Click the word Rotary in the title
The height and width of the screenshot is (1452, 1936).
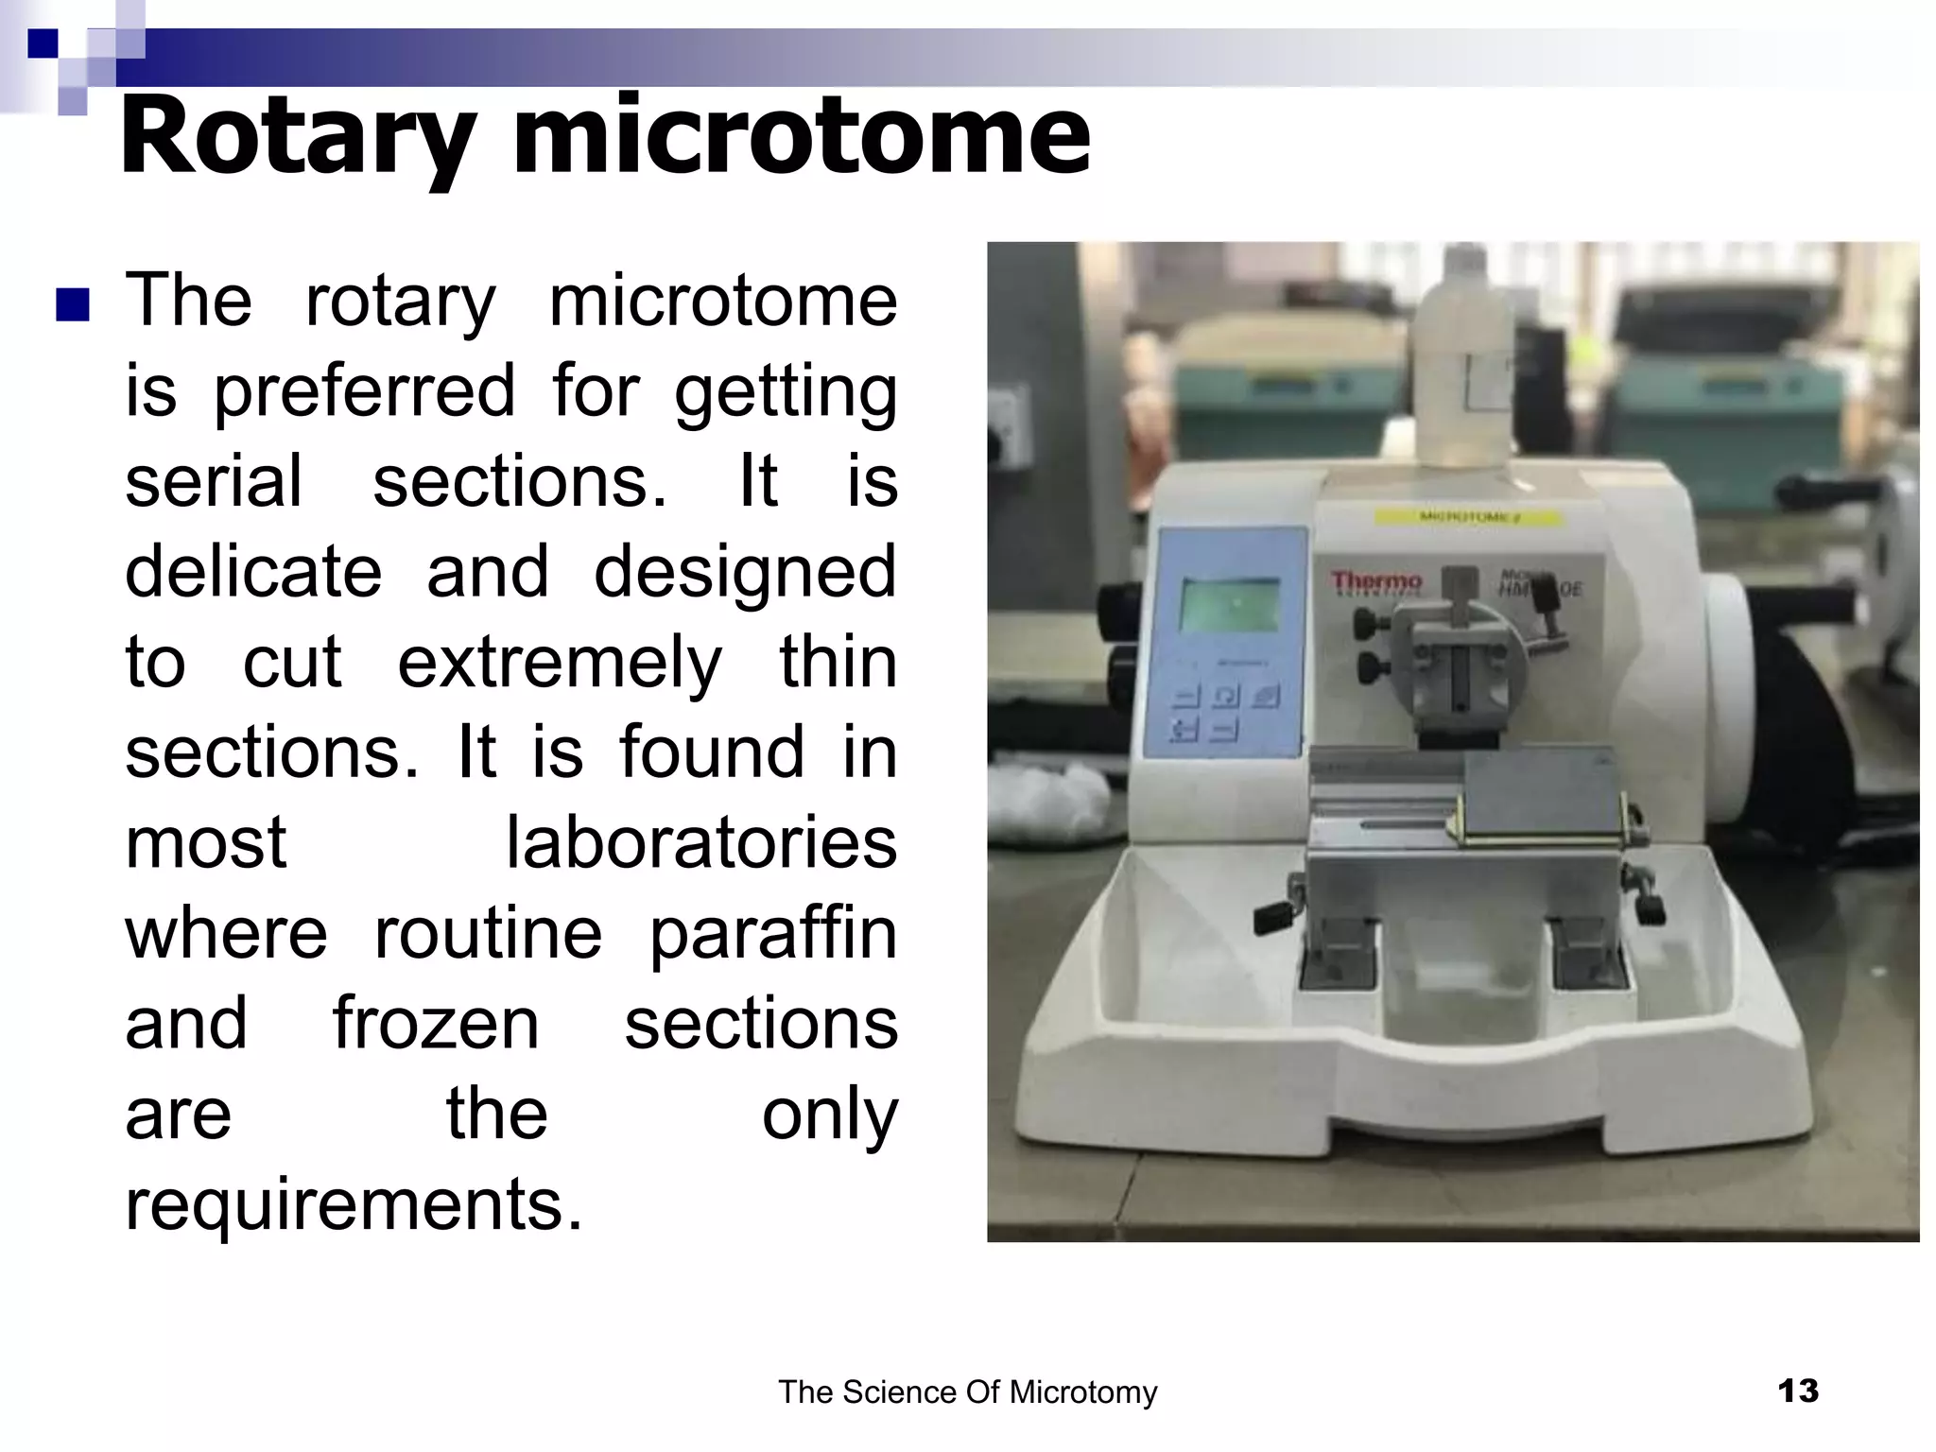(x=299, y=138)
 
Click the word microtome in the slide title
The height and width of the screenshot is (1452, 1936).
(x=802, y=138)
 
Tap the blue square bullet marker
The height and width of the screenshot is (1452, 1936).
(x=73, y=305)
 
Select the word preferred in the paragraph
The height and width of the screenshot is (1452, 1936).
(x=364, y=391)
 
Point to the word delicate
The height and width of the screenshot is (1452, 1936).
(x=253, y=572)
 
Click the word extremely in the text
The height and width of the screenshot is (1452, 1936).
(x=560, y=663)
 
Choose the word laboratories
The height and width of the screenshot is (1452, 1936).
(x=700, y=843)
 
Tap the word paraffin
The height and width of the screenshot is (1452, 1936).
(x=773, y=934)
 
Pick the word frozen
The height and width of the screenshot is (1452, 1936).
(x=436, y=1024)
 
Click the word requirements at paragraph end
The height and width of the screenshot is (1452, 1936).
(x=354, y=1205)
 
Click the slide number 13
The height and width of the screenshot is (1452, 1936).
(x=1797, y=1391)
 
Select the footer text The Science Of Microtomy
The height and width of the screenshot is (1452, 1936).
(x=967, y=1392)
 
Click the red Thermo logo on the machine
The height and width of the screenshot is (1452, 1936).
(x=1376, y=582)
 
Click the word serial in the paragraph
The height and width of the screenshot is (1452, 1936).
(x=214, y=482)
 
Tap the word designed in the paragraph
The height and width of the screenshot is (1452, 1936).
(x=745, y=572)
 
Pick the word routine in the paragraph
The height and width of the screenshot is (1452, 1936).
(x=488, y=934)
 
